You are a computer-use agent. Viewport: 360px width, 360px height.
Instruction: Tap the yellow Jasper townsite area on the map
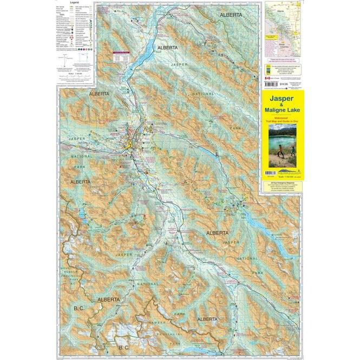pos(130,144)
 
